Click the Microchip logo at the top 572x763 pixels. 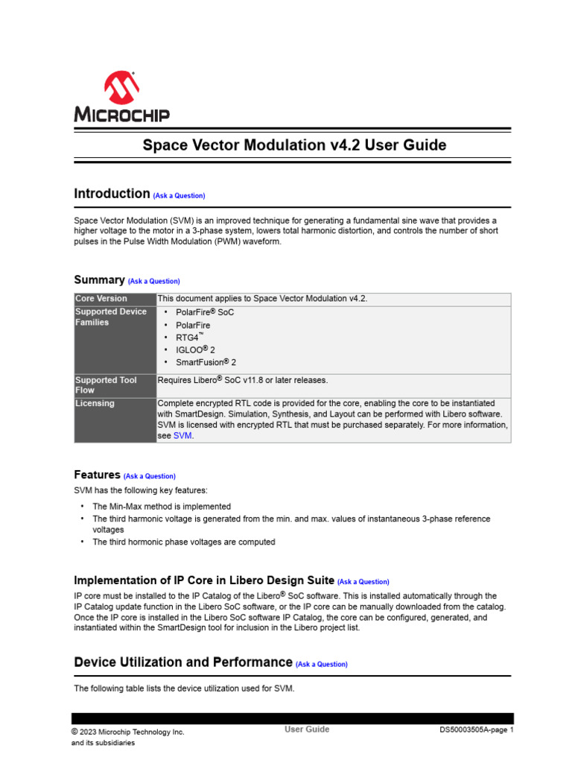(121, 97)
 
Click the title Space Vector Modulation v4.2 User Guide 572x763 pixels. (294, 145)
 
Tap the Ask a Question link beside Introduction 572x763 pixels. (179, 196)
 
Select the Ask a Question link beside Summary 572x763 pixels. (154, 282)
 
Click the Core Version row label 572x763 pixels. (101, 299)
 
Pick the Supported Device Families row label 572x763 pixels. (111, 317)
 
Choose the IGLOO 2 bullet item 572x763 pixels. (195, 349)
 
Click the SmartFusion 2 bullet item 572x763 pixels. (206, 362)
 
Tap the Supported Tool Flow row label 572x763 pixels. (106, 385)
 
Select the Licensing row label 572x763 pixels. (95, 404)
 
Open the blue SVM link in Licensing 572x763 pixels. (183, 436)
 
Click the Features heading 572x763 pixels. (97, 475)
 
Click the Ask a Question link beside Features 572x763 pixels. (150, 476)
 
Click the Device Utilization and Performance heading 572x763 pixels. (183, 662)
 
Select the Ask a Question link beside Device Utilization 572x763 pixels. (322, 664)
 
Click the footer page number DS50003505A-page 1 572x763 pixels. (476, 730)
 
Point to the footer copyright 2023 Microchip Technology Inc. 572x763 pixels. (128, 732)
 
